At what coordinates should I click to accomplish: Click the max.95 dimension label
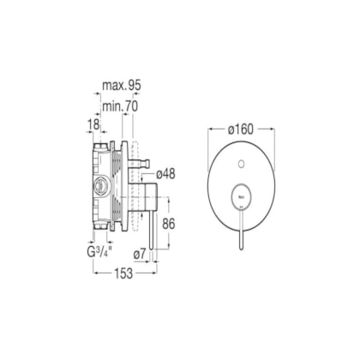click(122, 86)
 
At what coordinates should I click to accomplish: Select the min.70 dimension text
click(120, 106)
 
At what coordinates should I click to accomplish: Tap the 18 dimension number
click(93, 124)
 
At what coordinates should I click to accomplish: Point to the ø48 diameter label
click(165, 174)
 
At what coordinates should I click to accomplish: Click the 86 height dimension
click(168, 224)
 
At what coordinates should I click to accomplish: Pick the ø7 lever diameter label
click(140, 254)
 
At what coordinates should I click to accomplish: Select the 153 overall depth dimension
click(123, 273)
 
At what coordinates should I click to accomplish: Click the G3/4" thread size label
click(99, 252)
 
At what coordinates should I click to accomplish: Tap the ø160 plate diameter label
click(241, 129)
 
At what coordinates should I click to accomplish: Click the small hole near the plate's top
click(241, 164)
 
